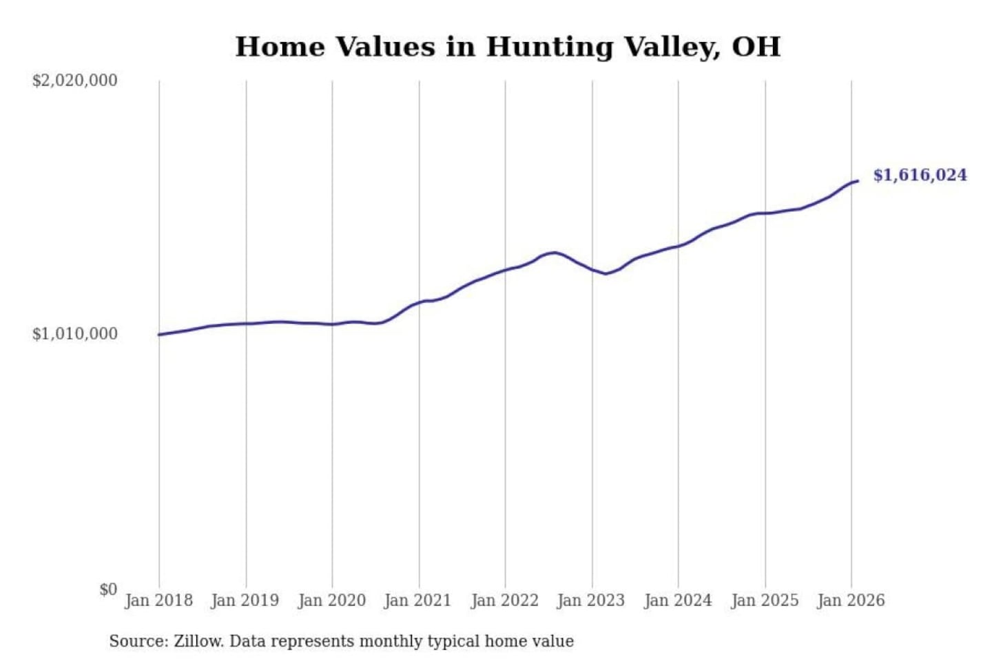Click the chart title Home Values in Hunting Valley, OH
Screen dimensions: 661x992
point(508,47)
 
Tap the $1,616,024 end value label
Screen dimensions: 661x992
point(920,175)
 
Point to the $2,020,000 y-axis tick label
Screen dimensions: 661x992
point(74,81)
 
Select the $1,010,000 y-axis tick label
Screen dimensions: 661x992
point(74,334)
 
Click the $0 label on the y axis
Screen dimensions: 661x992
point(108,589)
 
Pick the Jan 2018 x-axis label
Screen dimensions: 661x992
point(158,600)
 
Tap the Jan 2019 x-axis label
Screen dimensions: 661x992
point(245,600)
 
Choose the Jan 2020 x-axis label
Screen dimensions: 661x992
point(331,600)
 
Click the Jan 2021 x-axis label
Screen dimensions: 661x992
point(417,600)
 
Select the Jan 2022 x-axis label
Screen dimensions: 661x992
point(504,600)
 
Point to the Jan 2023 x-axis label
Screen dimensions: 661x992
point(590,600)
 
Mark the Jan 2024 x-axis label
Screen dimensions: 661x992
point(677,600)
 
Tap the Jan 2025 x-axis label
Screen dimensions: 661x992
point(764,600)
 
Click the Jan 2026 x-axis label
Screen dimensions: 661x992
point(850,600)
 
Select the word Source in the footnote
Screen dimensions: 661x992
point(138,642)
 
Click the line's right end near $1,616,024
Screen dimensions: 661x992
point(857,181)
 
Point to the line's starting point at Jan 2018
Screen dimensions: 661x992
point(159,335)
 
